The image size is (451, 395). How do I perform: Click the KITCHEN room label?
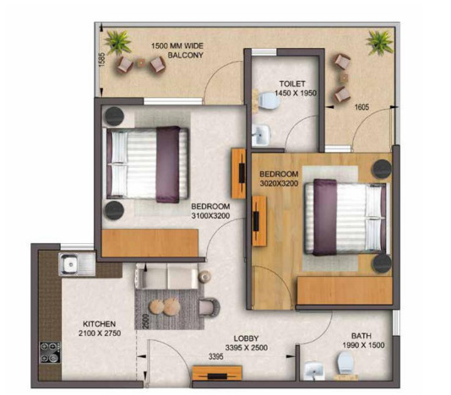(99, 323)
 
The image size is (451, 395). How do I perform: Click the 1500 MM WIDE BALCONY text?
(178, 51)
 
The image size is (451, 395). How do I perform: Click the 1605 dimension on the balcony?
(362, 107)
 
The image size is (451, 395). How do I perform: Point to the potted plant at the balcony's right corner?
(379, 40)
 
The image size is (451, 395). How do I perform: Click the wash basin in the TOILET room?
(261, 133)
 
